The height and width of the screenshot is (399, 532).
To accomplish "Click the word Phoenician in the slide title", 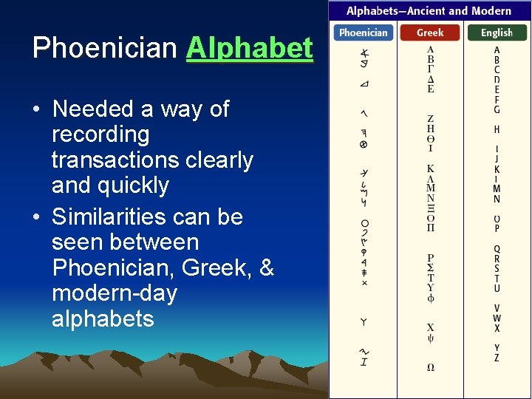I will tap(105, 48).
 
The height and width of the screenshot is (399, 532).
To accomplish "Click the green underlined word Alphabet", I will tap(250, 48).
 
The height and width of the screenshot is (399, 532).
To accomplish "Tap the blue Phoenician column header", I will tap(363, 33).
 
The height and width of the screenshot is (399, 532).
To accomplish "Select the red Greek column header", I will tap(430, 33).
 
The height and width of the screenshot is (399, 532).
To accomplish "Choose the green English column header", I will tap(497, 33).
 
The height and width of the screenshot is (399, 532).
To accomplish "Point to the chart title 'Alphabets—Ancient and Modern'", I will tap(429, 10).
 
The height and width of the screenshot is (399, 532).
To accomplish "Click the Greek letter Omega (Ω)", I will tap(430, 367).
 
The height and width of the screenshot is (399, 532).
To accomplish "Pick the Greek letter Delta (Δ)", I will tap(430, 79).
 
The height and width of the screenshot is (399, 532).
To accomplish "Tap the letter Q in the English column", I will tap(497, 249).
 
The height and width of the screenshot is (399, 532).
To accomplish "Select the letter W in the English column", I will tap(497, 318).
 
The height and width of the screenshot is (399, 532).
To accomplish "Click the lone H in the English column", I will tap(497, 129).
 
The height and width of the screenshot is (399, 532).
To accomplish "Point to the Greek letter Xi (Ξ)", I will tap(430, 208).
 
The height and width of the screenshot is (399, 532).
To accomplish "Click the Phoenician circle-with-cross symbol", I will tap(364, 145).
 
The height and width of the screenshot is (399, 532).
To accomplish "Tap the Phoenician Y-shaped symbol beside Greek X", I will tap(364, 322).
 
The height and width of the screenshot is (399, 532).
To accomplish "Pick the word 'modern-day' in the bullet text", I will tap(115, 293).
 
